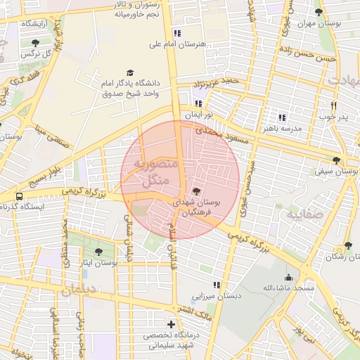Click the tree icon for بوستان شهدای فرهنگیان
[x=196, y=191]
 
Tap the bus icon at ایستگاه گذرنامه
[x=19, y=196]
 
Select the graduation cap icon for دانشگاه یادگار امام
[x=129, y=72]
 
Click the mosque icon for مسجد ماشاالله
[x=288, y=277]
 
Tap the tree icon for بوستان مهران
[x=319, y=12]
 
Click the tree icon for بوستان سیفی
[x=337, y=160]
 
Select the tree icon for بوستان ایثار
[x=98, y=251]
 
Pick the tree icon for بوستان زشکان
[x=347, y=245]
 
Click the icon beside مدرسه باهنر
[x=282, y=117]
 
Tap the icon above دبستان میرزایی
[x=217, y=285]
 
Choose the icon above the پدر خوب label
[x=334, y=105]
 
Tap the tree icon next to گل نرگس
[x=35, y=43]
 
